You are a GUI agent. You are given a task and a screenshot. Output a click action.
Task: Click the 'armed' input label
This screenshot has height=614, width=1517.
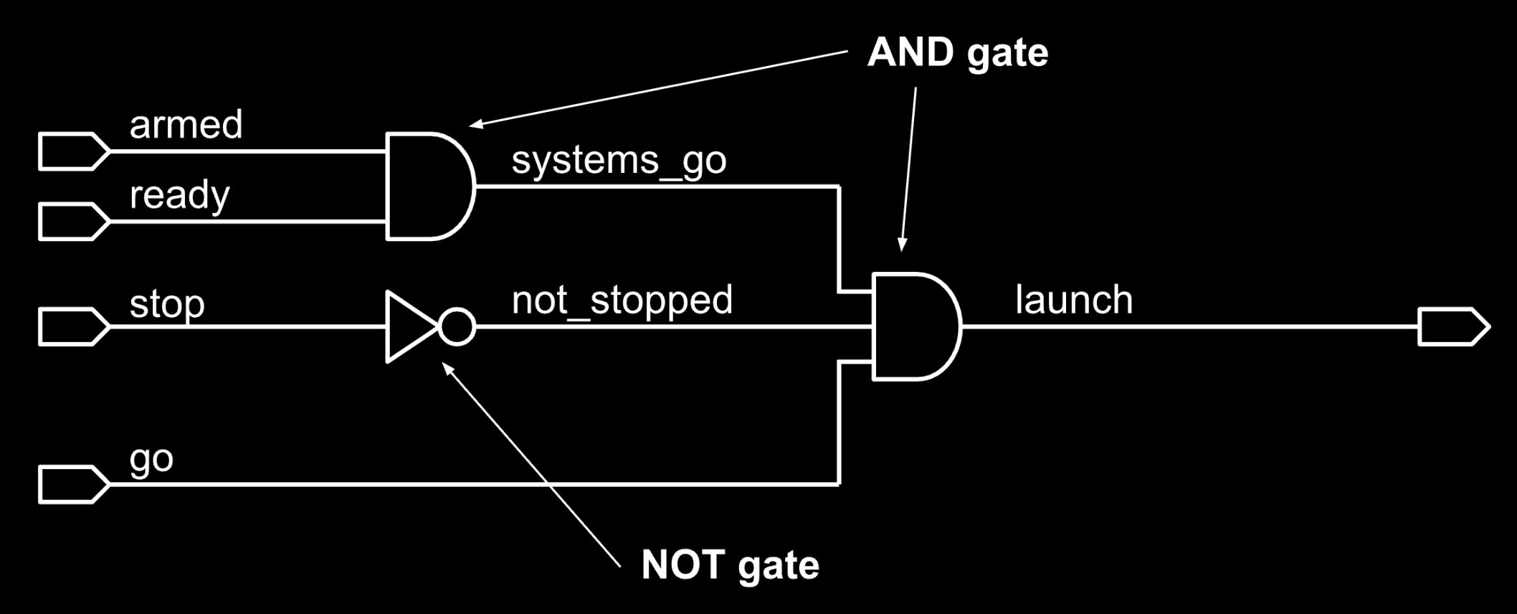(186, 125)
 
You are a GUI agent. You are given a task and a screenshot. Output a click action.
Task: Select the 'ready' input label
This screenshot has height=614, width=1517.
(179, 195)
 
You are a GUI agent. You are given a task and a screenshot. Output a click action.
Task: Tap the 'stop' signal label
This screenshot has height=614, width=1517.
(167, 304)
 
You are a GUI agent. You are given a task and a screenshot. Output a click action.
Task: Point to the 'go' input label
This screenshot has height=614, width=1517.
(151, 459)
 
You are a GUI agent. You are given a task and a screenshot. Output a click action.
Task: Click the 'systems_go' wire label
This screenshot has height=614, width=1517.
(619, 160)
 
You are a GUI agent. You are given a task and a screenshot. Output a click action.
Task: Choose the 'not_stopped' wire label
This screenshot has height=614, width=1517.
(622, 301)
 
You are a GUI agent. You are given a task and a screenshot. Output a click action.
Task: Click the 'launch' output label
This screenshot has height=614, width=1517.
(1074, 300)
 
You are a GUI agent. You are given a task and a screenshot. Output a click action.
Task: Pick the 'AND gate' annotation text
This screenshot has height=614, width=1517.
(957, 53)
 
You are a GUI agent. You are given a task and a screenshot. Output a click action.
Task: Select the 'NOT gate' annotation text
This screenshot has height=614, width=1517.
(730, 565)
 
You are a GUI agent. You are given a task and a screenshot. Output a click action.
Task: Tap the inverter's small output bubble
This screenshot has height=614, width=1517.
(457, 327)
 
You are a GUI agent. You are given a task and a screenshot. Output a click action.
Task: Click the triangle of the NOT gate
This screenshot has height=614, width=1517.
(409, 327)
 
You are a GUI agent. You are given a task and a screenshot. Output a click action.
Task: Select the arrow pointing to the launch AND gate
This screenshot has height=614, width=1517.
(908, 169)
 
